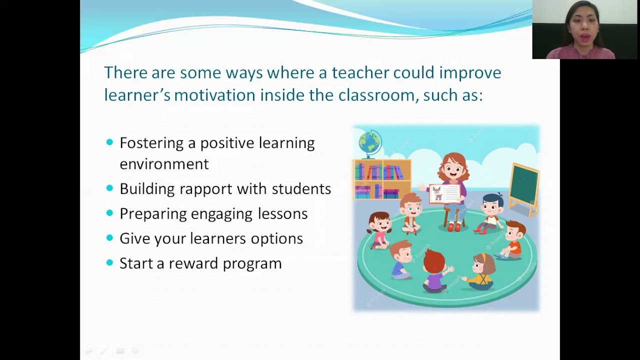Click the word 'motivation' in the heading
214,95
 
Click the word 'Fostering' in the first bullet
151,143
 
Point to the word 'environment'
164,164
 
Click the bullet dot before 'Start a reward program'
110,262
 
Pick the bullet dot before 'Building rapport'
110,188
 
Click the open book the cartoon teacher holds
444,193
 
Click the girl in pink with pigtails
379,229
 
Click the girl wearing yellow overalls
481,272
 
